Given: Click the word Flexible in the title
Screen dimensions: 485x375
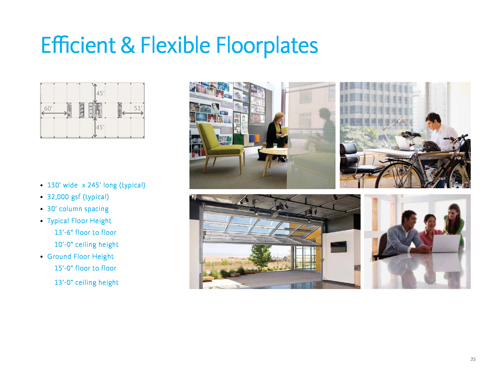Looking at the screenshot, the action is tap(175, 45).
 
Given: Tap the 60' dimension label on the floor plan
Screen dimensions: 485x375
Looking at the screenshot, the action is tap(48, 109).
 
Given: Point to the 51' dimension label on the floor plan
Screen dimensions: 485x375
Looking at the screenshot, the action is tap(138, 108).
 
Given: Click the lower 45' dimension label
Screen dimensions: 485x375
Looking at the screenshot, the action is tap(100, 127).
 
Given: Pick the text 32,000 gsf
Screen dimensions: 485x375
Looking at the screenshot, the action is tap(64, 197).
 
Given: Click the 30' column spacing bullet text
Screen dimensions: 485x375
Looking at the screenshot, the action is tap(78, 209).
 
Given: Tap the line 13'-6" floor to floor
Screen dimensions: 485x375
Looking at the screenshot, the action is tap(85, 232).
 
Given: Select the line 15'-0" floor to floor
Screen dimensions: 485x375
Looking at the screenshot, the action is tap(85, 268).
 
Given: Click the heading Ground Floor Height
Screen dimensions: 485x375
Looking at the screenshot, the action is tap(80, 256).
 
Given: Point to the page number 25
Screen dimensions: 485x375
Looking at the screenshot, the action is tap(473, 359).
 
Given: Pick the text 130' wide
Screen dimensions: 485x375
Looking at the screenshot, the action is tap(62, 185).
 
